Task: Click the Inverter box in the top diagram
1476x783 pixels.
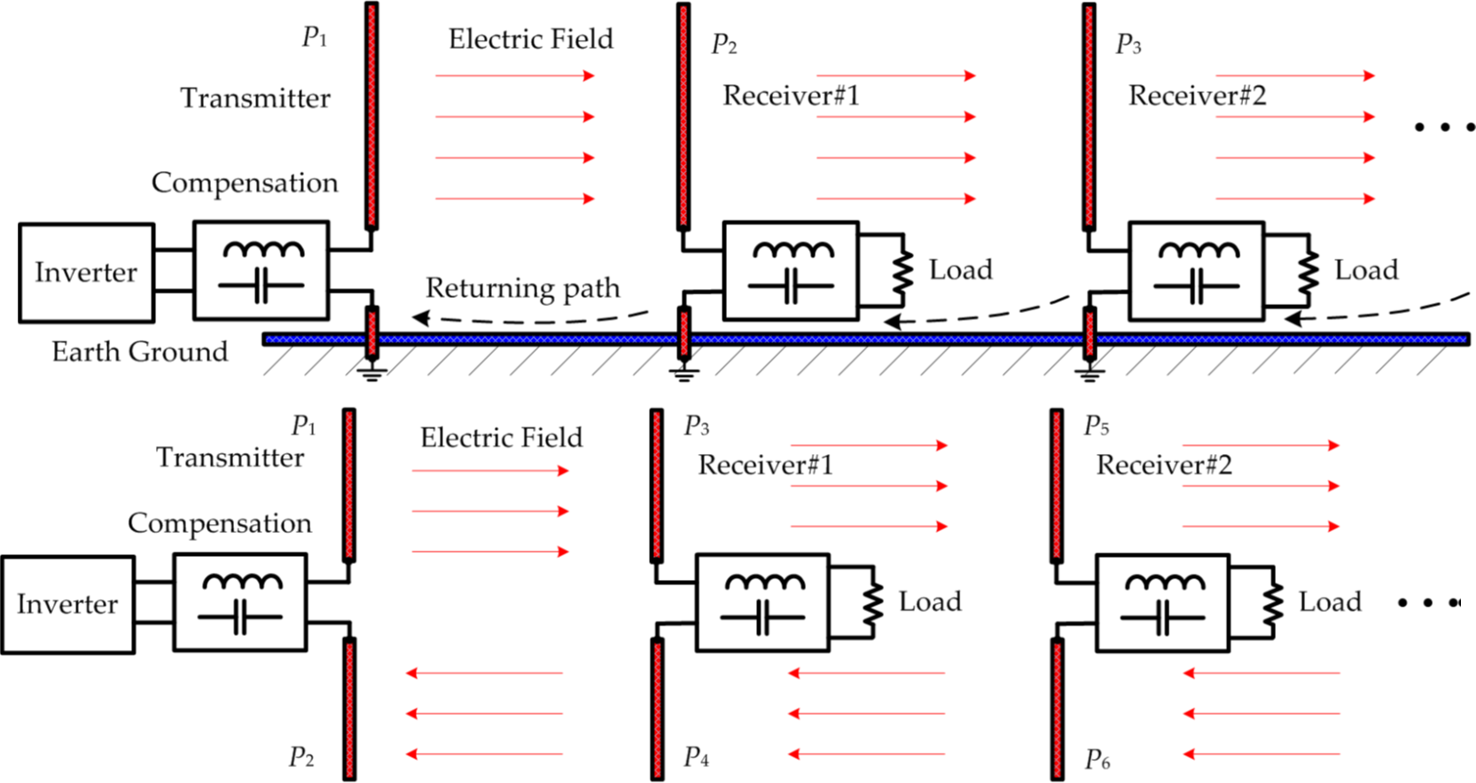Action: (86, 272)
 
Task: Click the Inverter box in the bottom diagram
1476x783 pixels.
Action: (67, 605)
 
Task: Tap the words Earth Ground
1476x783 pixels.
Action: (139, 352)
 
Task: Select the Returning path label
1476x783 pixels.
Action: (522, 288)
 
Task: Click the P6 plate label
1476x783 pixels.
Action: (1097, 759)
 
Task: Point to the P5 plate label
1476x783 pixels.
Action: (1097, 427)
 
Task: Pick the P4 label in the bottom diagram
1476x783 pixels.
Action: (696, 757)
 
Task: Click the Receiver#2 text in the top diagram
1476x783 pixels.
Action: (1197, 95)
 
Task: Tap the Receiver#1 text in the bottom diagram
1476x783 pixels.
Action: (765, 465)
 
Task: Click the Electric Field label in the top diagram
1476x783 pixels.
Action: (530, 39)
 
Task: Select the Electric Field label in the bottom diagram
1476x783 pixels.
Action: (501, 437)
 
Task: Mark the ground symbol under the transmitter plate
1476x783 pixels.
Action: (372, 371)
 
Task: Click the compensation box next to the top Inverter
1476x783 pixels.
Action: (262, 270)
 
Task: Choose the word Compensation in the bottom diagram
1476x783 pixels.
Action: (220, 523)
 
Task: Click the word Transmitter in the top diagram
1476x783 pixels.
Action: (255, 98)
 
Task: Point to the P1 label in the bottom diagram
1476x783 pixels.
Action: (304, 427)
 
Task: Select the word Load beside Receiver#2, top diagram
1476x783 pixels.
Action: (1366, 270)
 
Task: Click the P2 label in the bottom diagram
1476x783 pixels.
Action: (301, 756)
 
